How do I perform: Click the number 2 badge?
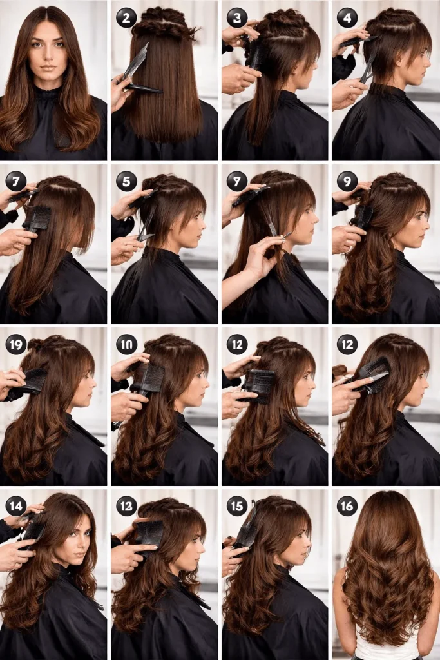[x=126, y=18]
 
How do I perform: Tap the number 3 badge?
[x=237, y=18]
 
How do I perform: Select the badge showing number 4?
[x=347, y=18]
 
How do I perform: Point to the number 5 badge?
[x=126, y=181]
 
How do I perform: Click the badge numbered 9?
[x=347, y=181]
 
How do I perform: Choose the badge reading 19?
[x=15, y=344]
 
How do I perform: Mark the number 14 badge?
[x=15, y=505]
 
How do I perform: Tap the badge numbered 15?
[x=237, y=505]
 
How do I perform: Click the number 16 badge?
[x=347, y=505]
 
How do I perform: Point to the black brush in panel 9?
[x=362, y=217]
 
